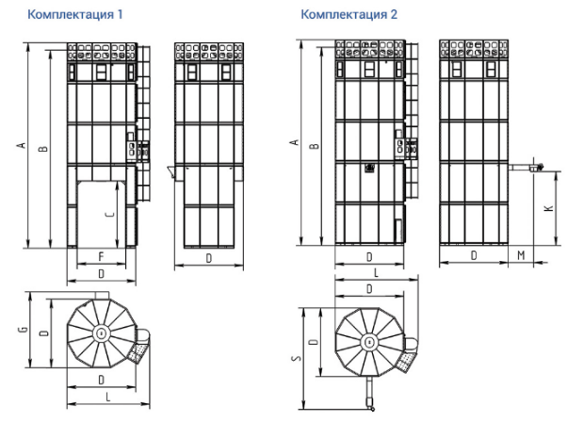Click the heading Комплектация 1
tap(75, 14)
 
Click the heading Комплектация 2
tap(348, 14)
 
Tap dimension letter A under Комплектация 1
tap(22, 145)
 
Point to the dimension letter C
tap(109, 214)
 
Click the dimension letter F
tap(102, 256)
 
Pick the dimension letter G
tap(24, 329)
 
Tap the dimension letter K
tap(548, 208)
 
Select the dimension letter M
tap(521, 255)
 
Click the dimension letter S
tap(297, 358)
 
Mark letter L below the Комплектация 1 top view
tap(107, 397)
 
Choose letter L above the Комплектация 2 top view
tap(376, 272)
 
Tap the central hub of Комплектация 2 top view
tap(369, 342)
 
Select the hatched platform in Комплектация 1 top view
tap(138, 352)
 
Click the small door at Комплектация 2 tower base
tap(398, 230)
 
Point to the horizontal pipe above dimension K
tap(521, 168)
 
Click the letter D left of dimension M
tap(474, 255)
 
